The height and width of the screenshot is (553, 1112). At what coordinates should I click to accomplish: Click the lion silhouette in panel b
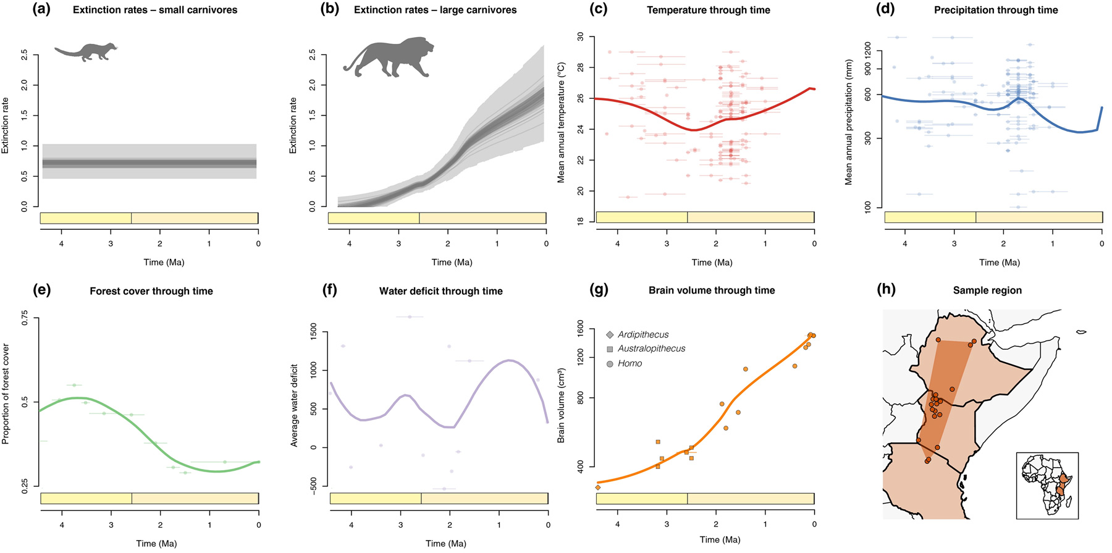coord(388,57)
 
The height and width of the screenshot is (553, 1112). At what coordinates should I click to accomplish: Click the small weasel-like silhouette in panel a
coord(86,52)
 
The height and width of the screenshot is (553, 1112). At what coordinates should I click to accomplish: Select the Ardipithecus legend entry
coord(642,335)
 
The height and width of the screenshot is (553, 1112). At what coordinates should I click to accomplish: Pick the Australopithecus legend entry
coord(651,349)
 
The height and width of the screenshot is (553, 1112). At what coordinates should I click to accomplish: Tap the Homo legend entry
coord(629,364)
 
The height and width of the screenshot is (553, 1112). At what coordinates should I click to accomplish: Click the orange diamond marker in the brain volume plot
coord(598,488)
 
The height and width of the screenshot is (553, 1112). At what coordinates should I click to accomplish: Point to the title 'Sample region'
coord(987,290)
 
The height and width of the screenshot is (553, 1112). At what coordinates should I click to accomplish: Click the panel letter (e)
coord(41,290)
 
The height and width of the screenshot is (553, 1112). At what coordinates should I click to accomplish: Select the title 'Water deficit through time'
coord(440,291)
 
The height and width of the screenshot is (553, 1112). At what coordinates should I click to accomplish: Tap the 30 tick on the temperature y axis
coord(580,36)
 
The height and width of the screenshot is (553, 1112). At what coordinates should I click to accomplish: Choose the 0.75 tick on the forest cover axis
coord(25,319)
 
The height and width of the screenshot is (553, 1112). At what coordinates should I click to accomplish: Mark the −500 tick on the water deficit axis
coord(313,486)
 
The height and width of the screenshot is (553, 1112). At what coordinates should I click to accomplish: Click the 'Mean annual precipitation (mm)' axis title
coord(849,122)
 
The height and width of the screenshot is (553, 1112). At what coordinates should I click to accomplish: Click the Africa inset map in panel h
coord(1047,486)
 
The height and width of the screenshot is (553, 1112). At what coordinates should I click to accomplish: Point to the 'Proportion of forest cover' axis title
coord(6,394)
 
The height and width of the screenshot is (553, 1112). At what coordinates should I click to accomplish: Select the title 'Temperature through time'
coord(708,10)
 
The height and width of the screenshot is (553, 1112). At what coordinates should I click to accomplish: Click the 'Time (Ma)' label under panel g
coord(720,540)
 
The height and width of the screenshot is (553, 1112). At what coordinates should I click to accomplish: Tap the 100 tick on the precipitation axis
coord(868,206)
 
